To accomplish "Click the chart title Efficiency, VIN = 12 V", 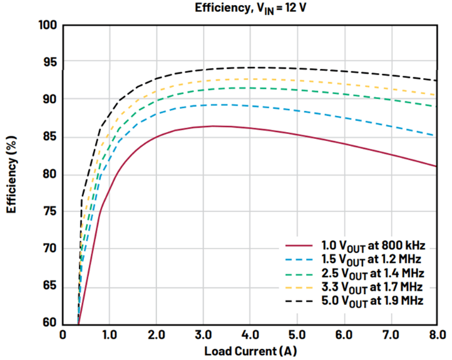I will (250, 8).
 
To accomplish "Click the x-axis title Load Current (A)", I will (250, 351).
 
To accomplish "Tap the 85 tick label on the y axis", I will (49, 137).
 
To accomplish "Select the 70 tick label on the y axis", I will (49, 249).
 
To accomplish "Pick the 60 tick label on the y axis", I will (49, 324).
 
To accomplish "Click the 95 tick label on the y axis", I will (49, 63).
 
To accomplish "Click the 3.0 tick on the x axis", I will (203, 336).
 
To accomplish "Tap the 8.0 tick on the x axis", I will (438, 336).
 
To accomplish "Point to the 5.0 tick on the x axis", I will (297, 336).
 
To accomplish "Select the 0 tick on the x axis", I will (63, 336).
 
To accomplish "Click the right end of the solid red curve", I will (437, 166).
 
